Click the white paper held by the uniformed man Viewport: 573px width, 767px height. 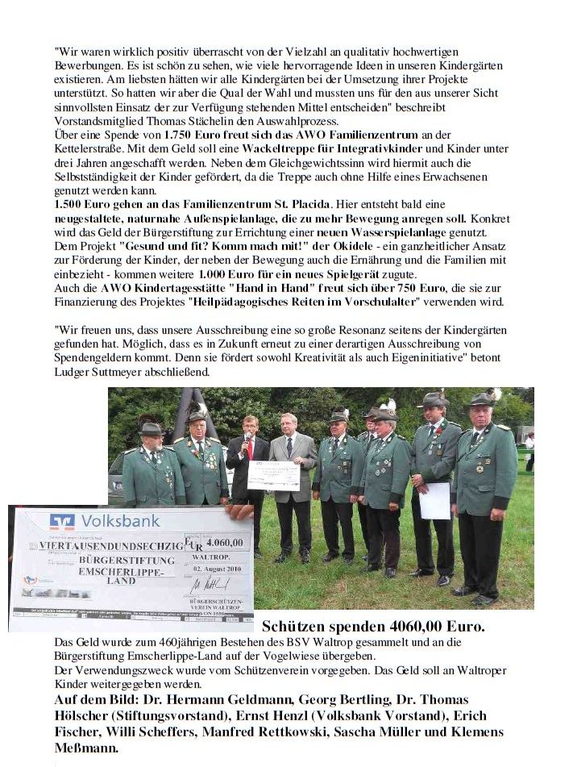pyautogui.click(x=435, y=500)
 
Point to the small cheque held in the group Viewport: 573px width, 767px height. pyautogui.click(x=273, y=476)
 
